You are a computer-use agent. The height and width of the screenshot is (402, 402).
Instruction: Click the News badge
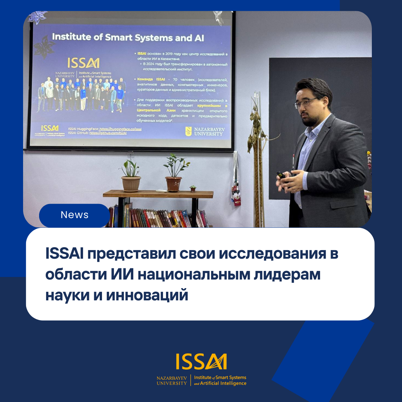coord(74,215)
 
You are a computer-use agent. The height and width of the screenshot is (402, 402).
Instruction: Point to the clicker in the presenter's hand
coord(282,175)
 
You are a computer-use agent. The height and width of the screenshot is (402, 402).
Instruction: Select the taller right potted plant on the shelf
coord(174,173)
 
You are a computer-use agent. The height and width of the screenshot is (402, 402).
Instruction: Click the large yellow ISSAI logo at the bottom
coord(201,362)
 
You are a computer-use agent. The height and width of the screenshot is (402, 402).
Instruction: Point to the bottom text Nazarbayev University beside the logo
coord(172,380)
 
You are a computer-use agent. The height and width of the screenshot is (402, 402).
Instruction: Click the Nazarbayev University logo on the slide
coord(205,131)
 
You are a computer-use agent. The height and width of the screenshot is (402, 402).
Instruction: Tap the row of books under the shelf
coord(156,218)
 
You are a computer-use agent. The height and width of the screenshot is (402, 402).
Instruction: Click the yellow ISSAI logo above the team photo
coord(83,63)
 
